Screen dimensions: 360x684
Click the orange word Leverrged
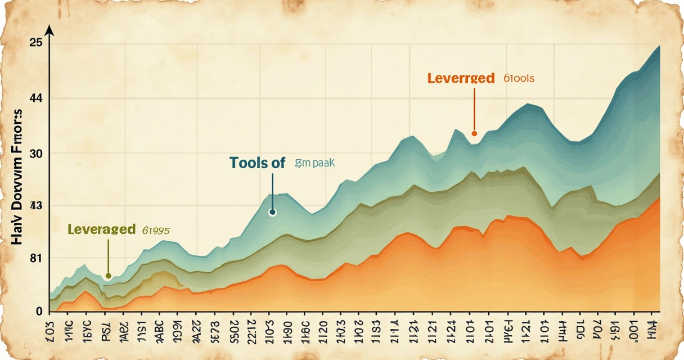pos(461,78)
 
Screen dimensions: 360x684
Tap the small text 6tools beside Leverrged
pos(519,78)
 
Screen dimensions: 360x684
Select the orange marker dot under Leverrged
pos(474,133)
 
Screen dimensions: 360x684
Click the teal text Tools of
pos(258,163)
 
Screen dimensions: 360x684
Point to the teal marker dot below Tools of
pos(273,212)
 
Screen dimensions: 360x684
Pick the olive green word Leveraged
pos(101,229)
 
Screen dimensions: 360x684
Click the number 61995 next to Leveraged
pos(156,229)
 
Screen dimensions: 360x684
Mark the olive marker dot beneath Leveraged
pos(109,276)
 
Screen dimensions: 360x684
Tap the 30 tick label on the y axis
pos(36,154)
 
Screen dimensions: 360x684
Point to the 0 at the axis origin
pos(39,311)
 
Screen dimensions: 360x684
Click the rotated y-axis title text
pos(18,181)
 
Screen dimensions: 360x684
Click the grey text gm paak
pos(314,163)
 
